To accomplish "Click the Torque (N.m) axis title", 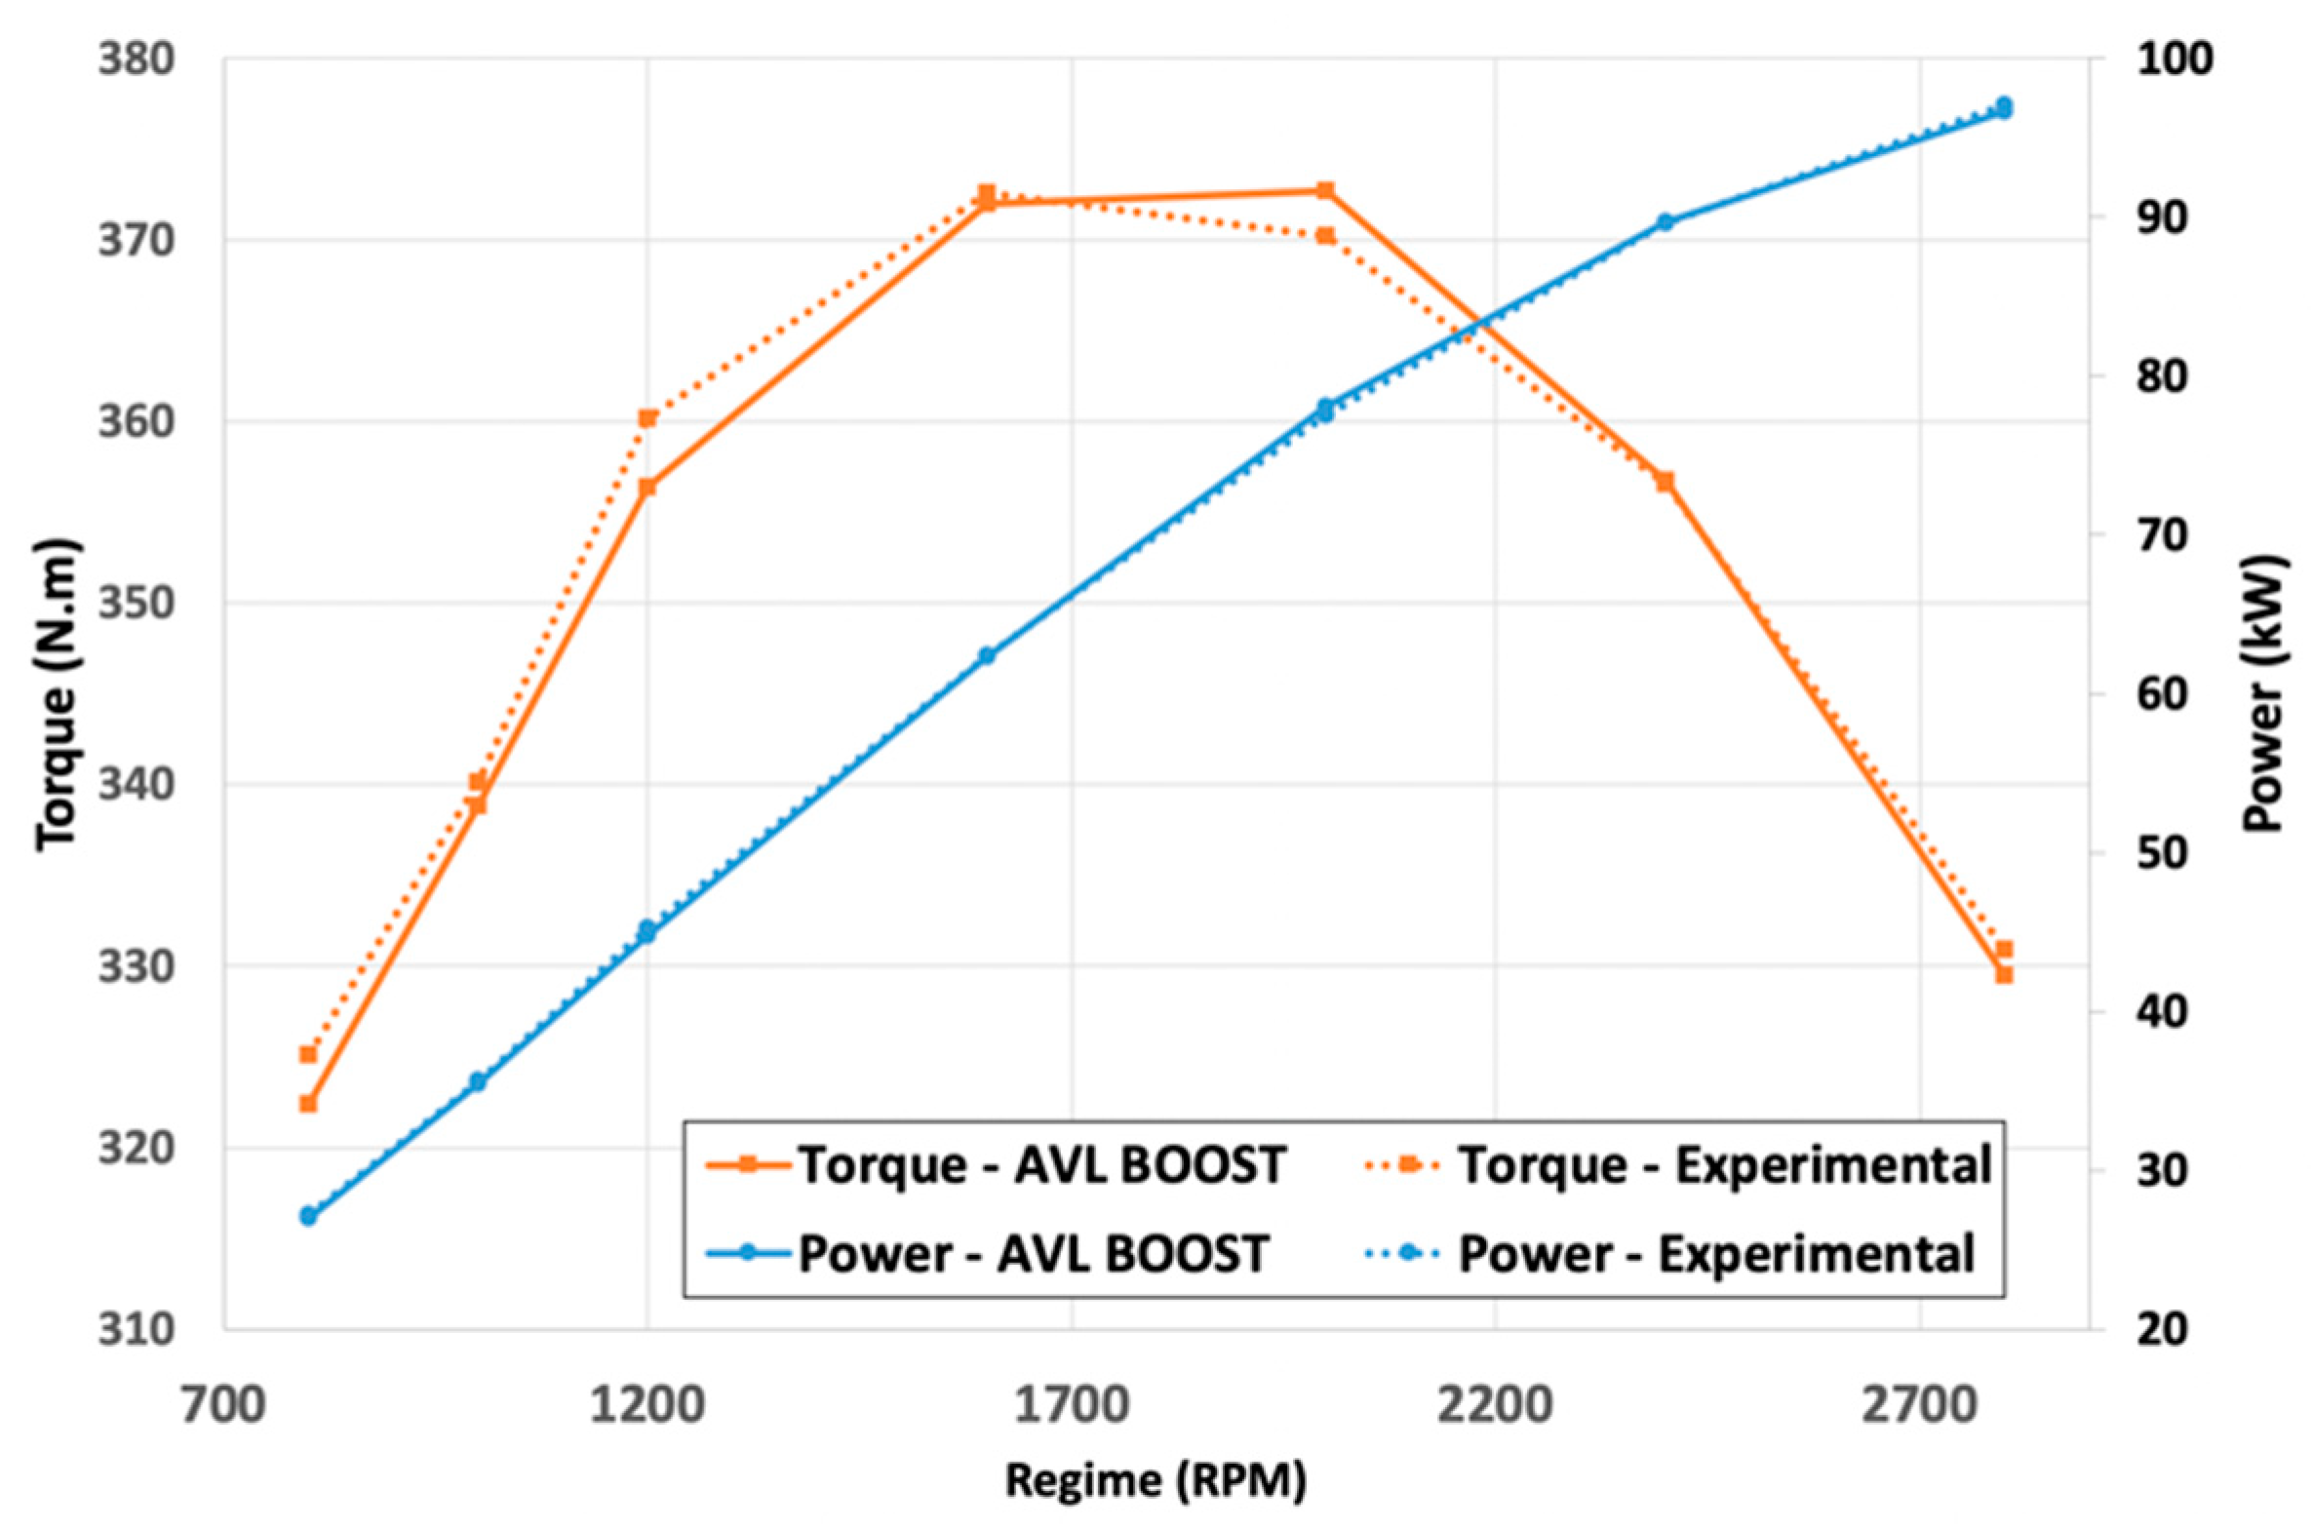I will coord(56,694).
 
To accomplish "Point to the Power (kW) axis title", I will coord(2262,694).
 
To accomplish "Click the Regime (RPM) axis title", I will coord(1156,1480).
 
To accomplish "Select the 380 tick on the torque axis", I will coord(137,59).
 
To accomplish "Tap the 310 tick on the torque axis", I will coord(137,1329).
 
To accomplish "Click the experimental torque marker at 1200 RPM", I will coord(647,418).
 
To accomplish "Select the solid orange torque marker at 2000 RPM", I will coord(1325,190).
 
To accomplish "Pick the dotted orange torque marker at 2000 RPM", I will coord(1325,235).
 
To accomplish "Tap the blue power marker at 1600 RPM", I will coord(987,655).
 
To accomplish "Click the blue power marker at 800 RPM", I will coord(308,1216).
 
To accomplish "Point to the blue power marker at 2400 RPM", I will coord(1665,222).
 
